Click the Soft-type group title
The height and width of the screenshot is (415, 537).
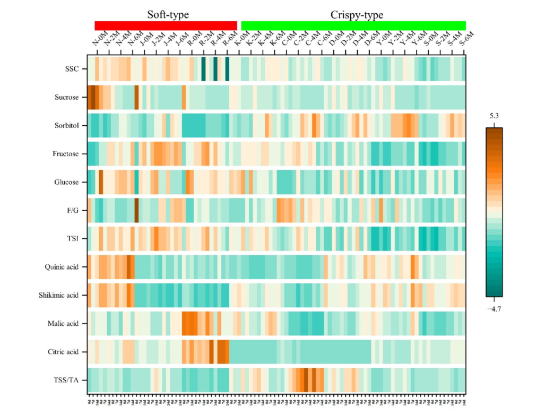pyautogui.click(x=168, y=15)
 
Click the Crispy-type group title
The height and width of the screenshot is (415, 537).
pyautogui.click(x=357, y=15)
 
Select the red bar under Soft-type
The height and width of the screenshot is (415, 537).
pyautogui.click(x=166, y=25)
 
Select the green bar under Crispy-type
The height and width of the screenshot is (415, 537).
pyautogui.click(x=353, y=25)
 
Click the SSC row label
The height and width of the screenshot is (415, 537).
pyautogui.click(x=72, y=70)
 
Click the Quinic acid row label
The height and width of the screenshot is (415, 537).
pyautogui.click(x=63, y=267)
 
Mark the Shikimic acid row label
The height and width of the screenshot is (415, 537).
pyautogui.click(x=59, y=295)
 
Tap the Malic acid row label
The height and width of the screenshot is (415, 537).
pyautogui.click(x=63, y=323)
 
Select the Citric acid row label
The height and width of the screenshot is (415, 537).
pyautogui.click(x=63, y=351)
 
